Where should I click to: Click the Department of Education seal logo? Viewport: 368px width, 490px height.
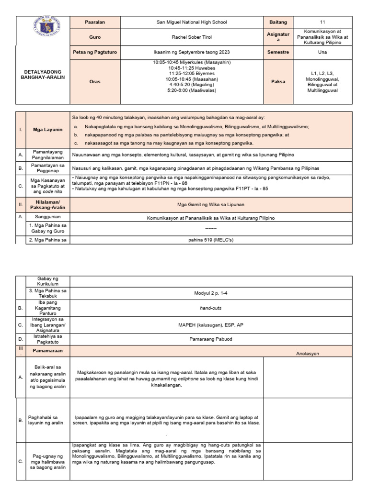tap(43, 30)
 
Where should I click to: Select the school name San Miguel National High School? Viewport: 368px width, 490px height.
tap(192, 22)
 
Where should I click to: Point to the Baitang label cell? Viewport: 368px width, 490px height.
tap(278, 22)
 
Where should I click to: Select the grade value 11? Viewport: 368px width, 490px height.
tap(322, 22)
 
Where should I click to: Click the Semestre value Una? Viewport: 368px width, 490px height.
tap(322, 52)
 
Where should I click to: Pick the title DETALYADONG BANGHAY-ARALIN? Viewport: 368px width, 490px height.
tap(43, 74)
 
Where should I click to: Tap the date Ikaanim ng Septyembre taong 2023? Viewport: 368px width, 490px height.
tap(192, 52)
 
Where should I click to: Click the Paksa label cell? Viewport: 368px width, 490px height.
tap(278, 81)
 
